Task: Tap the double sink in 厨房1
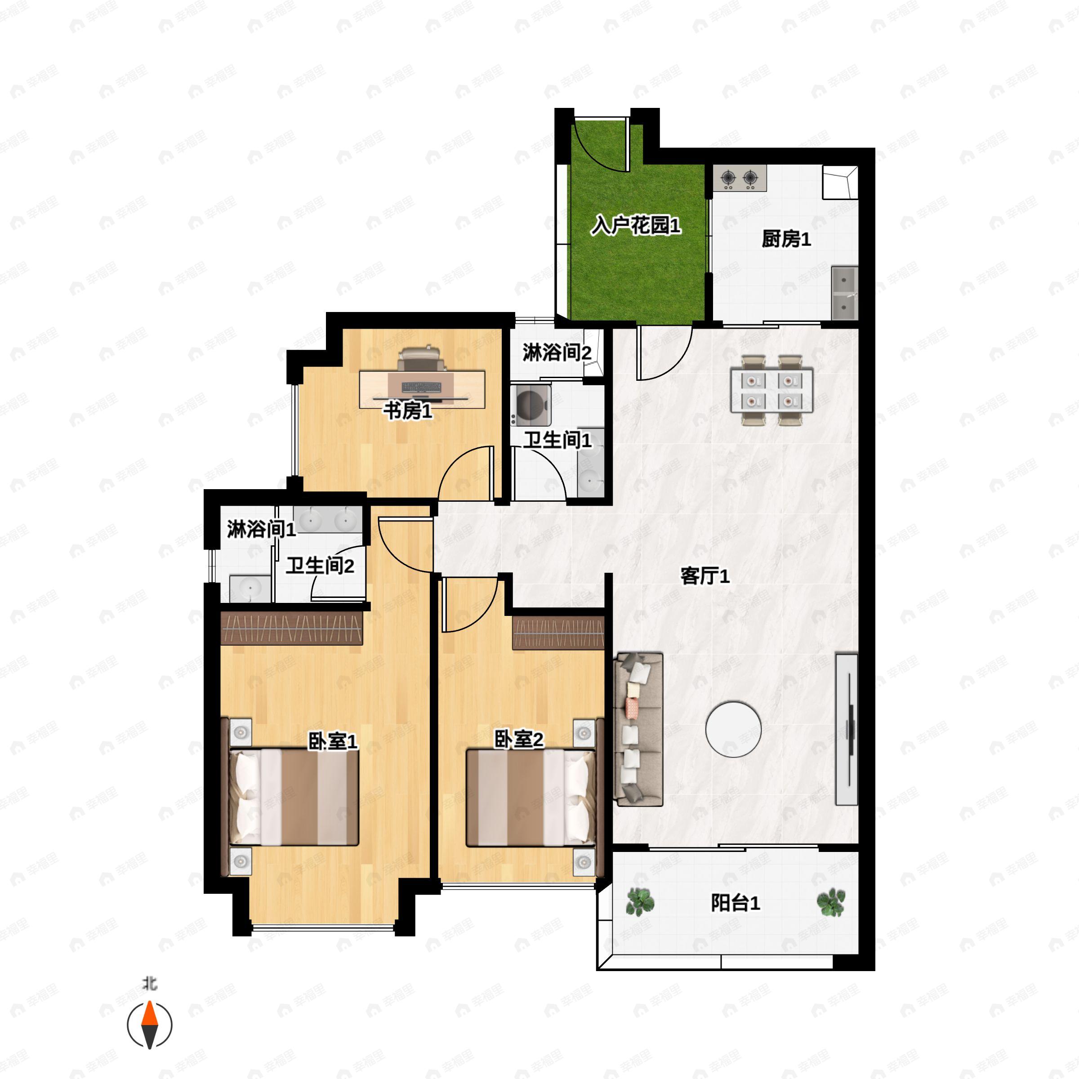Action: point(844,294)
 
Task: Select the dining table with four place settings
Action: point(771,390)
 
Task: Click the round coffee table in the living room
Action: point(733,729)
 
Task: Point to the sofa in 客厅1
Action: point(638,729)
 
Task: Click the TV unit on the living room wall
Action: point(846,729)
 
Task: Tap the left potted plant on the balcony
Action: point(640,902)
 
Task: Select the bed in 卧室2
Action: point(531,798)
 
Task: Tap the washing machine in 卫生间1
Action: point(531,404)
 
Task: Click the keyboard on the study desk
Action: point(420,387)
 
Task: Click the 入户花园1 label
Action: point(636,226)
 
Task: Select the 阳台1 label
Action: point(735,903)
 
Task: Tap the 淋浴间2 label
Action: point(557,352)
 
